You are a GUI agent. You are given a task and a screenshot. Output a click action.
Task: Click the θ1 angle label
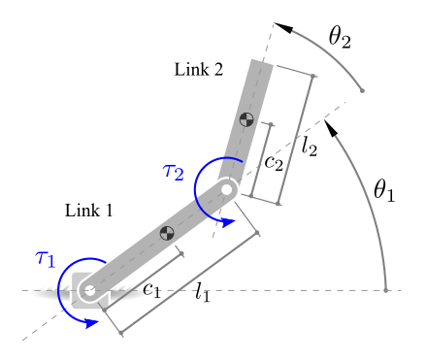click(x=384, y=190)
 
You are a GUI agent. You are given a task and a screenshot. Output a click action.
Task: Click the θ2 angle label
click(x=340, y=37)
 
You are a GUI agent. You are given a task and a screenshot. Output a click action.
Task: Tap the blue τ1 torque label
click(x=46, y=259)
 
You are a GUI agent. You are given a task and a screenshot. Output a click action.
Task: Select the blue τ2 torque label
click(x=174, y=172)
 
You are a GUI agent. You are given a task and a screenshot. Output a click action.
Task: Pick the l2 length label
click(x=310, y=147)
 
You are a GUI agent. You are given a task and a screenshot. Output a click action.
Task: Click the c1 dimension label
click(x=152, y=289)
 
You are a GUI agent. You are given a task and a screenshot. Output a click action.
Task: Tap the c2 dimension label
click(x=274, y=163)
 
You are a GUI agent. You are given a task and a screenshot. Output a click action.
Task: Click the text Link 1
click(x=89, y=211)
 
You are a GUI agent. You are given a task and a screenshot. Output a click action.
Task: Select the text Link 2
click(x=199, y=70)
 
